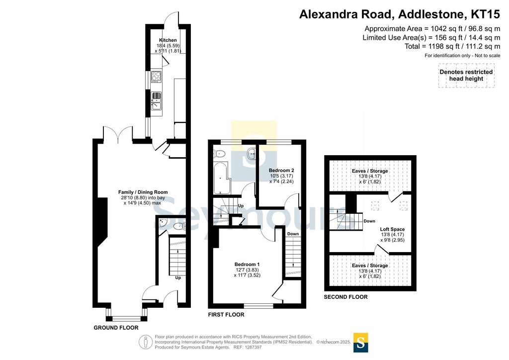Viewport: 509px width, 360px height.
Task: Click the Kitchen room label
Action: pos(168,40)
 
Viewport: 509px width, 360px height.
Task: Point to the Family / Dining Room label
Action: pos(143,192)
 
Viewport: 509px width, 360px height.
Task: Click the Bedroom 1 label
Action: pos(247,265)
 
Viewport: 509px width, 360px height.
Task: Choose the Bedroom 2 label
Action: pos(281,171)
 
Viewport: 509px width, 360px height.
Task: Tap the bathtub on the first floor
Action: pos(222,178)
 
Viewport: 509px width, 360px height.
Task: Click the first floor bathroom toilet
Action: pos(219,154)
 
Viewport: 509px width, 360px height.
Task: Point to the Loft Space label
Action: pos(393,229)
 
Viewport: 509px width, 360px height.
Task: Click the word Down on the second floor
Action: pos(369,221)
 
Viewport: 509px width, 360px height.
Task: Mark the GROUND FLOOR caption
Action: pos(116,328)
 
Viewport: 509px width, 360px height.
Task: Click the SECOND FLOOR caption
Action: pos(346,297)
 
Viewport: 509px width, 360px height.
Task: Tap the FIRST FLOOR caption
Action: pos(226,315)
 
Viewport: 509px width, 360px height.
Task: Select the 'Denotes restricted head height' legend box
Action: pos(466,75)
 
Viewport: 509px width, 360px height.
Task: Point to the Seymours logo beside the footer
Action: pos(360,343)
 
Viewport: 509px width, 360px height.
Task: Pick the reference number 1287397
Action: pos(253,348)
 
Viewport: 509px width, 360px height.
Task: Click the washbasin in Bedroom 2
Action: pos(252,154)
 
